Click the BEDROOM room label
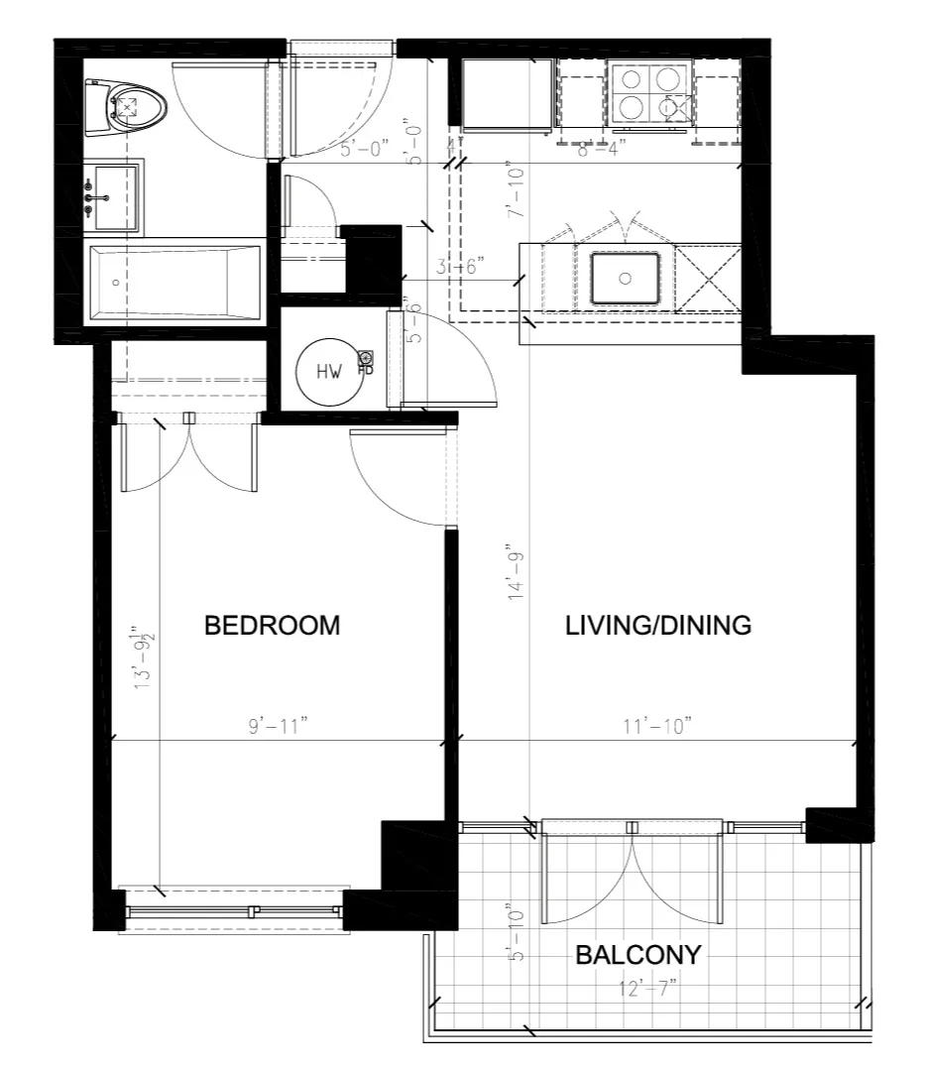pos(272,626)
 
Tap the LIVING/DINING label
pos(657,626)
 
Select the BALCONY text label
pos(638,955)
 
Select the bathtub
pos(174,283)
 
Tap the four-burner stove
pos(649,93)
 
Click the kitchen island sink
pos(625,279)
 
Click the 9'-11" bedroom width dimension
pos(279,726)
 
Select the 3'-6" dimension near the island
pos(459,267)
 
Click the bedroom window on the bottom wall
pos(234,909)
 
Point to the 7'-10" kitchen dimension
pos(513,190)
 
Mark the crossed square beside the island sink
pos(708,278)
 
